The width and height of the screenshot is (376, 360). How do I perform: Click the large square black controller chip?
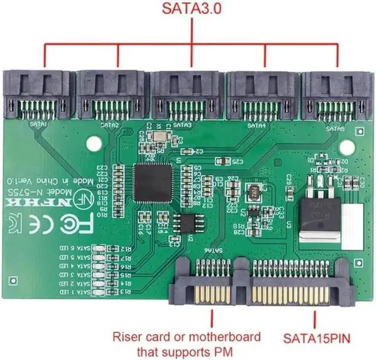153,183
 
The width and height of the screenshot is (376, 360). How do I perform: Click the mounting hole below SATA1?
92,143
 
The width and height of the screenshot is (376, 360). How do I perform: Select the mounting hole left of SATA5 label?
293,142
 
